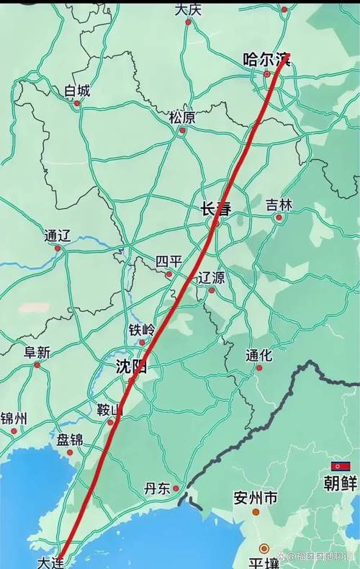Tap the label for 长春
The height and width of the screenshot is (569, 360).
click(x=215, y=209)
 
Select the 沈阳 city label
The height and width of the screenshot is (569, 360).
click(x=132, y=367)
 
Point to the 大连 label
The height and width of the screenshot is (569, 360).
click(x=50, y=560)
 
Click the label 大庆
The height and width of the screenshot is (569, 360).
click(x=188, y=9)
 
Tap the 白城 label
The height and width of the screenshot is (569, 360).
click(x=77, y=91)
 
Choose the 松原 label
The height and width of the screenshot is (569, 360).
click(x=182, y=117)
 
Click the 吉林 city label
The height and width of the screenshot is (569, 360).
click(x=279, y=205)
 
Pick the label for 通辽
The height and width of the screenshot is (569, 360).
click(x=57, y=236)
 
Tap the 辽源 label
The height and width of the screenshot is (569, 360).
click(x=211, y=277)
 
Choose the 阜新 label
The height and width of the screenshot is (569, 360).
click(x=37, y=352)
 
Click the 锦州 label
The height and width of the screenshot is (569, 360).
click(x=14, y=418)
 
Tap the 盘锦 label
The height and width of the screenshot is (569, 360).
click(x=70, y=439)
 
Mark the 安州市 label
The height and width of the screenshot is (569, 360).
click(x=256, y=497)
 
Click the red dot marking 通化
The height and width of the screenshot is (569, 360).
click(x=259, y=368)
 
